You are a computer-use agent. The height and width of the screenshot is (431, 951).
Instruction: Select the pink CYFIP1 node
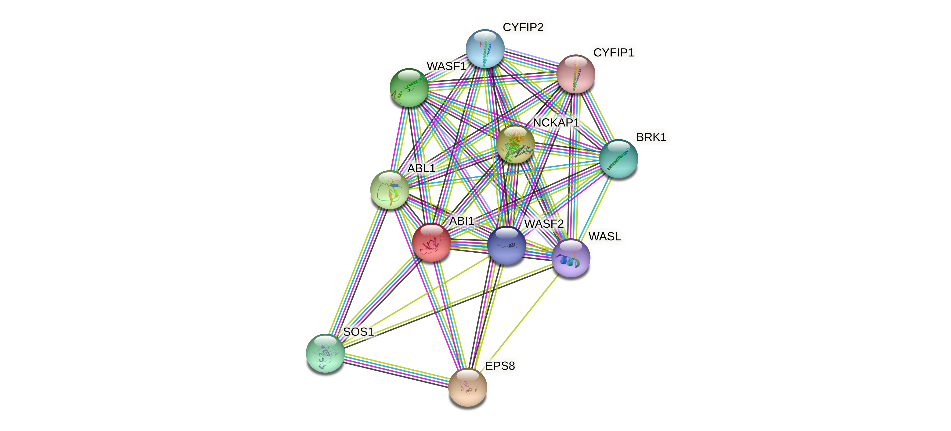575,74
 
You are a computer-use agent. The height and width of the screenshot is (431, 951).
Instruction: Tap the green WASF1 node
409,88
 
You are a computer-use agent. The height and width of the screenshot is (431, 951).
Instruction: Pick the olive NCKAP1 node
515,144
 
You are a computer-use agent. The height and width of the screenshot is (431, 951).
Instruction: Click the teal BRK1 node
618,159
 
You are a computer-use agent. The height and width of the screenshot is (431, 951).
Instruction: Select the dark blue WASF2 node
506,245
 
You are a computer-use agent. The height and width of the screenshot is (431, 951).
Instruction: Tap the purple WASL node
571,258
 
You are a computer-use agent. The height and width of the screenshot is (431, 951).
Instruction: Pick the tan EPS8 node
467,387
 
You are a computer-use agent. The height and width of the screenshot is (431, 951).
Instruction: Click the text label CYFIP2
523,27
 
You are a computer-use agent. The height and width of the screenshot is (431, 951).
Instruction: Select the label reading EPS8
500,366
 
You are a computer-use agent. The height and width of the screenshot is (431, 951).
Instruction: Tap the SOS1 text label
358,332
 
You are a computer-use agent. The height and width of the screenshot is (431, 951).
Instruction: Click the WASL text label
604,236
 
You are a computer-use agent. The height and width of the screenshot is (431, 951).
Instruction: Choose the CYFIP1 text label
614,53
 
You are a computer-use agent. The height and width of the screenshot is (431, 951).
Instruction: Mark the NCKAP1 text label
556,122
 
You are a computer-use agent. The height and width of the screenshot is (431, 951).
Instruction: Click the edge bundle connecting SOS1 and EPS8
397,370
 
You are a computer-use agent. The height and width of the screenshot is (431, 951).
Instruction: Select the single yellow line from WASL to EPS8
521,321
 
